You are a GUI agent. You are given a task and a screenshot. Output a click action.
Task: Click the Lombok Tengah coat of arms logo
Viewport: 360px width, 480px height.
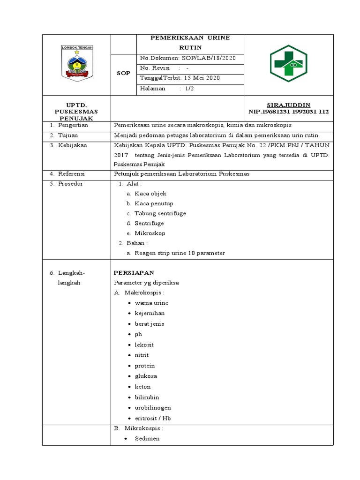77,63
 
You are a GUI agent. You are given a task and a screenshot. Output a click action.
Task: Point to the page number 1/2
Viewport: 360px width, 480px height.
189,89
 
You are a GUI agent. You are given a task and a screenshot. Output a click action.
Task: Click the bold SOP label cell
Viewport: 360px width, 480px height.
123,74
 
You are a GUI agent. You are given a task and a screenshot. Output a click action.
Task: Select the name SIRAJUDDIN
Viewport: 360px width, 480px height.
288,105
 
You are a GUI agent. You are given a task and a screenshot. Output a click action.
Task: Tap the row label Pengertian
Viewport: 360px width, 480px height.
73,126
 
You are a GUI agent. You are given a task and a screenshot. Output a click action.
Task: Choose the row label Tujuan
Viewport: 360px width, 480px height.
68,135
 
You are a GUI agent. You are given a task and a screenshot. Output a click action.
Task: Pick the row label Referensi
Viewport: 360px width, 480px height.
71,174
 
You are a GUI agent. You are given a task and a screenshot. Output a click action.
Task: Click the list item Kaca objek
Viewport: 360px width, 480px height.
150,194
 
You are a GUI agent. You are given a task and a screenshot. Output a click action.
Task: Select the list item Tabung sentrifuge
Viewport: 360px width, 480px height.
160,213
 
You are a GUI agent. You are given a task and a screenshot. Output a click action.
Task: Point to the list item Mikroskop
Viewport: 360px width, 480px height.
150,233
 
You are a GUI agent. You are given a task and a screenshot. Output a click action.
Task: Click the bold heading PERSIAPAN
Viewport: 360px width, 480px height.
134,272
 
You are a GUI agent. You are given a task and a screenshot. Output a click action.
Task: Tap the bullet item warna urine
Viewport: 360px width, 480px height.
151,303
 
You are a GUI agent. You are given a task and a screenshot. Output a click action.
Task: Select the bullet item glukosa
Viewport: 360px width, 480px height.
146,376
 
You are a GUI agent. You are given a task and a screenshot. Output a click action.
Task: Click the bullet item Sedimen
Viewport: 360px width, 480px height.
147,439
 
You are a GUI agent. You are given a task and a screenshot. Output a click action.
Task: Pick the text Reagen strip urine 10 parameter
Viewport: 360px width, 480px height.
180,253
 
